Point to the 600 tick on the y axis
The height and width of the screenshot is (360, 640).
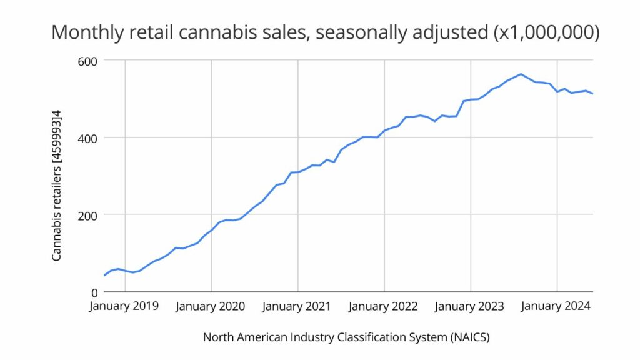88,61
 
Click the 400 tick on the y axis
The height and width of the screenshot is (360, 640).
88,137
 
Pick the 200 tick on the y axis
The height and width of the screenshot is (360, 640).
88,215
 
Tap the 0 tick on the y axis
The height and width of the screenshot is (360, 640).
94,292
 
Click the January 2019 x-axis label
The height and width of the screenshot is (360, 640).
124,307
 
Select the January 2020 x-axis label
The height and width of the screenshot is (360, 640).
211,307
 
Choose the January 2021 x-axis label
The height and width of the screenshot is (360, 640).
297,307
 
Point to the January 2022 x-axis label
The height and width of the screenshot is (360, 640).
383,307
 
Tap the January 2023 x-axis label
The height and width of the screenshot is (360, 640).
469,307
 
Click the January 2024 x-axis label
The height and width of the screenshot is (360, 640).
556,307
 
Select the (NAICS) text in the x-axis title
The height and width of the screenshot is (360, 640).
469,337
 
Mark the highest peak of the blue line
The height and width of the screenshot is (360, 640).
521,74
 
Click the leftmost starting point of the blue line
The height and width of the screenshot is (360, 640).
104,275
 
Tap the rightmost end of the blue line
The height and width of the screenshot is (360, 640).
592,94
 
